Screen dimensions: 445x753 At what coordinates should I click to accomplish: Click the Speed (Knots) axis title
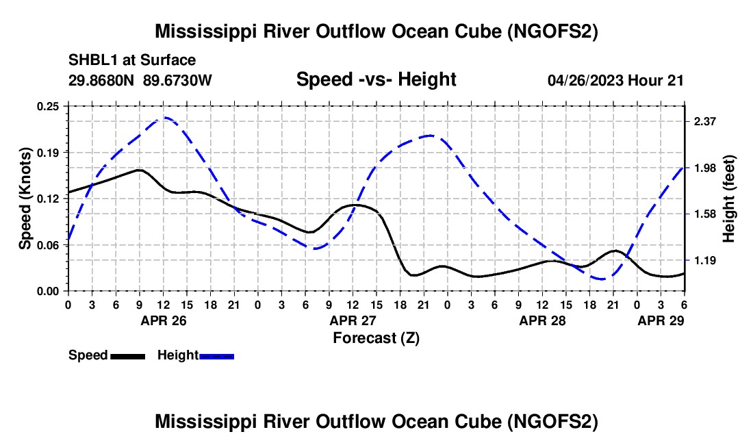25,199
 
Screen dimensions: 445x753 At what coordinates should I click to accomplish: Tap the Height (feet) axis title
729,199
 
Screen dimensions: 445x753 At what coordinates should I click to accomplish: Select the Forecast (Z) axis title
376,338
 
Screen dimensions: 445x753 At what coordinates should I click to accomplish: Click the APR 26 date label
164,320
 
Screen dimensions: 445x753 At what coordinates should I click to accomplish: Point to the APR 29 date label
661,320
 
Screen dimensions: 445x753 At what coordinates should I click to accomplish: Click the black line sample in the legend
127,356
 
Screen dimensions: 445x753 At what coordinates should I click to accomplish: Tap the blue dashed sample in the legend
216,356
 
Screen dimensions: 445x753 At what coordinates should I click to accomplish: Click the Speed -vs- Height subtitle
376,79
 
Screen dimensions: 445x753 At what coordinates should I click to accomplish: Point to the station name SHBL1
92,60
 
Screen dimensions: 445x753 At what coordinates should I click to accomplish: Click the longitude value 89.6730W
178,80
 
